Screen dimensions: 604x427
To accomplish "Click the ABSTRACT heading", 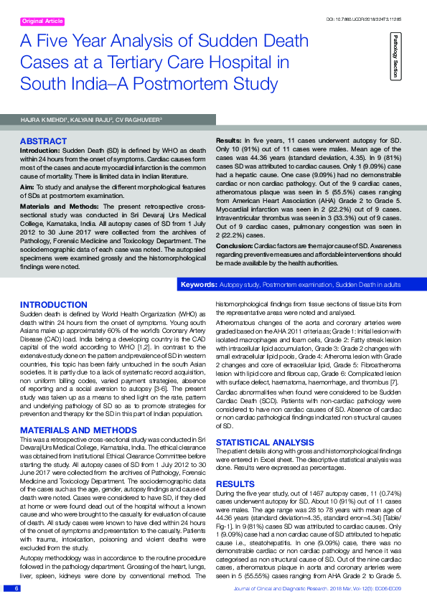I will point(44,141).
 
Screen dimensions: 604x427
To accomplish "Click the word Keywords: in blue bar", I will point(199,286).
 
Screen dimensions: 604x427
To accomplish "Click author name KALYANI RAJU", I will point(90,119).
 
